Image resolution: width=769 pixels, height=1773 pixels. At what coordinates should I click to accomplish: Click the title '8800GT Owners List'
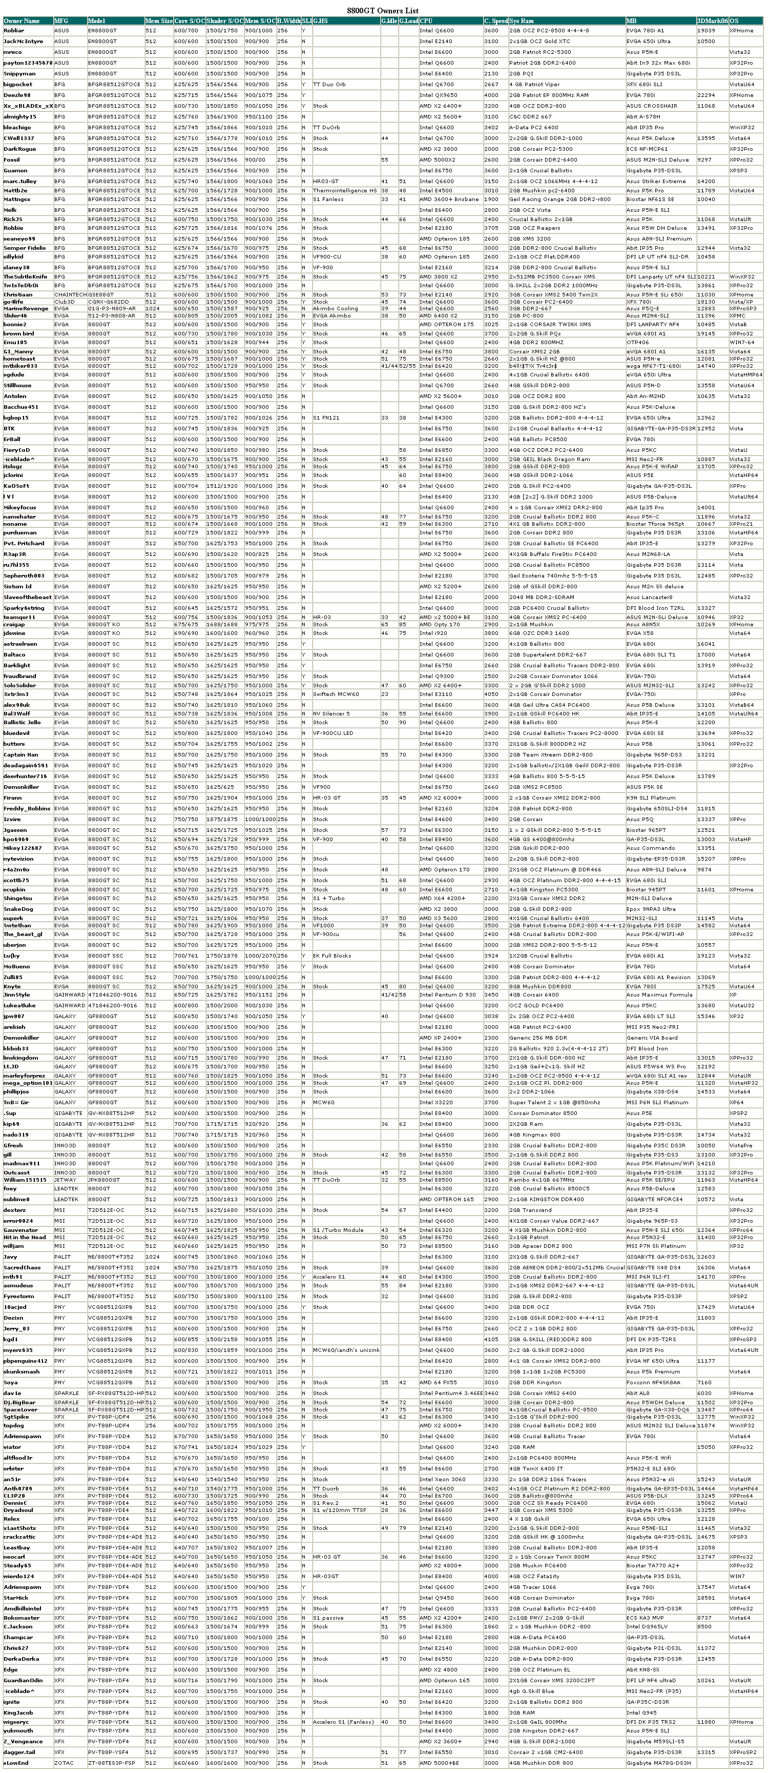click(383, 11)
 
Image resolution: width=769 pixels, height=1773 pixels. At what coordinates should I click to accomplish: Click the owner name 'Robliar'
click(14, 30)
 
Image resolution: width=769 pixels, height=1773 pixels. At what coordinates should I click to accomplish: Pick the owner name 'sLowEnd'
click(16, 1763)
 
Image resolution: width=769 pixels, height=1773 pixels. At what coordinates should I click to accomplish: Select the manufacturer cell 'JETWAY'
click(66, 1180)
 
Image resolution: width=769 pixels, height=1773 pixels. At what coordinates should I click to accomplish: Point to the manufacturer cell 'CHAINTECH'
click(70, 294)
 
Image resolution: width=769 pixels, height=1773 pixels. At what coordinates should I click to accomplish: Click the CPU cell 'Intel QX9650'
click(438, 95)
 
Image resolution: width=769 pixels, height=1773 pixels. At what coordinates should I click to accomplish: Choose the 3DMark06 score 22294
click(705, 95)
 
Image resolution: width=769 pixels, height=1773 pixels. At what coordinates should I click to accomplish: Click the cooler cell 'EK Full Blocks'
click(332, 956)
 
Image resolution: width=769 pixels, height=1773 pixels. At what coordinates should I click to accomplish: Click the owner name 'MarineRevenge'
click(26, 308)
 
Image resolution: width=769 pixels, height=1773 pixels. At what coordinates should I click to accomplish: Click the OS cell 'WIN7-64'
click(742, 342)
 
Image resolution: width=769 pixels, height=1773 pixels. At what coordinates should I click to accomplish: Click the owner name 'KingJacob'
click(18, 1712)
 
